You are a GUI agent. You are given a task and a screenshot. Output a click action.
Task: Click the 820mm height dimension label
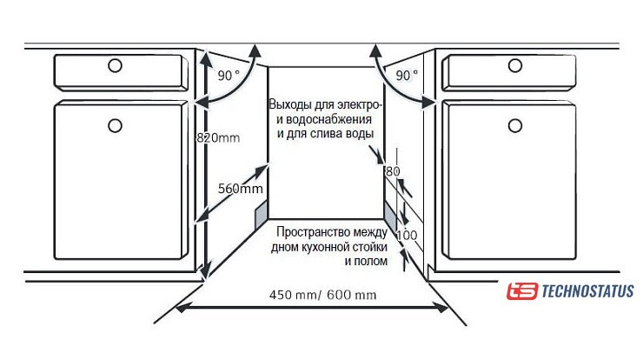pyautogui.click(x=217, y=137)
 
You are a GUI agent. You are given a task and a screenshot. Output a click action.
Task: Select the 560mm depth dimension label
pyautogui.click(x=240, y=189)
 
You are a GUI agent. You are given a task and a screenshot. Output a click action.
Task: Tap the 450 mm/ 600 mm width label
pyautogui.click(x=323, y=295)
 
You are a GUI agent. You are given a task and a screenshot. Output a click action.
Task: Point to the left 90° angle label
pyautogui.click(x=229, y=76)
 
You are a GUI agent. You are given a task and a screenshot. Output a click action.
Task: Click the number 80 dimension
pyautogui.click(x=393, y=171)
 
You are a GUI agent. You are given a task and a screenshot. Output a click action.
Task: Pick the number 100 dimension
pyautogui.click(x=407, y=236)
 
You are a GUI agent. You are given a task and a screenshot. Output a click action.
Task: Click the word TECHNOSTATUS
pyautogui.click(x=587, y=291)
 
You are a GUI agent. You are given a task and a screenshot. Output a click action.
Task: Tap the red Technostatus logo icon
pyautogui.click(x=522, y=291)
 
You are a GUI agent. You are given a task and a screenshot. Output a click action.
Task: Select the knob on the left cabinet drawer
pyautogui.click(x=115, y=65)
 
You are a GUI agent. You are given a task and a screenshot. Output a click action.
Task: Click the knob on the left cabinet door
pyautogui.click(x=115, y=126)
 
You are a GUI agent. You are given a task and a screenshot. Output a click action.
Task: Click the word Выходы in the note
pyautogui.click(x=290, y=103)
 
